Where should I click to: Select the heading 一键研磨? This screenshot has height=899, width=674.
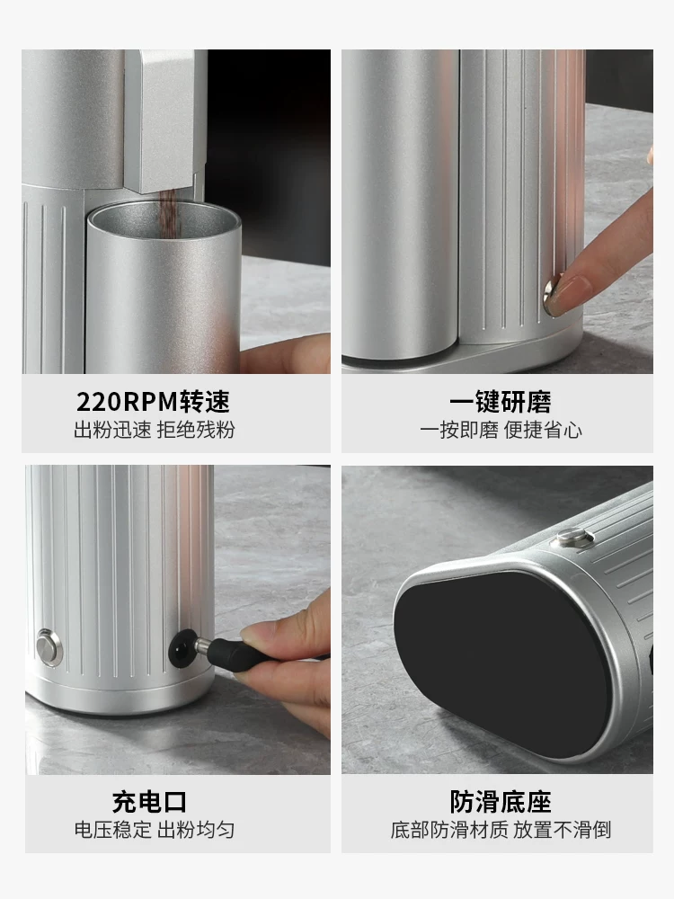point(501,401)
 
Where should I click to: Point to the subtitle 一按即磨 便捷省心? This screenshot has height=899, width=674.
point(501,430)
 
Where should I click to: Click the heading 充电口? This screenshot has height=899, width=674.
point(149,801)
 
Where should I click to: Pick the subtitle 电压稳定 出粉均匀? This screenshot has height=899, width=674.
point(154,830)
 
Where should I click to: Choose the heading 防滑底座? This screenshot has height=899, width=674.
point(501,801)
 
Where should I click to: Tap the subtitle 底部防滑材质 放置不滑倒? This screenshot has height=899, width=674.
point(501,830)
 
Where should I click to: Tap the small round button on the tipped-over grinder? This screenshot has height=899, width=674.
point(574,539)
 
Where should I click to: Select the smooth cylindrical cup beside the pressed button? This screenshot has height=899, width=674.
point(400,207)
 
